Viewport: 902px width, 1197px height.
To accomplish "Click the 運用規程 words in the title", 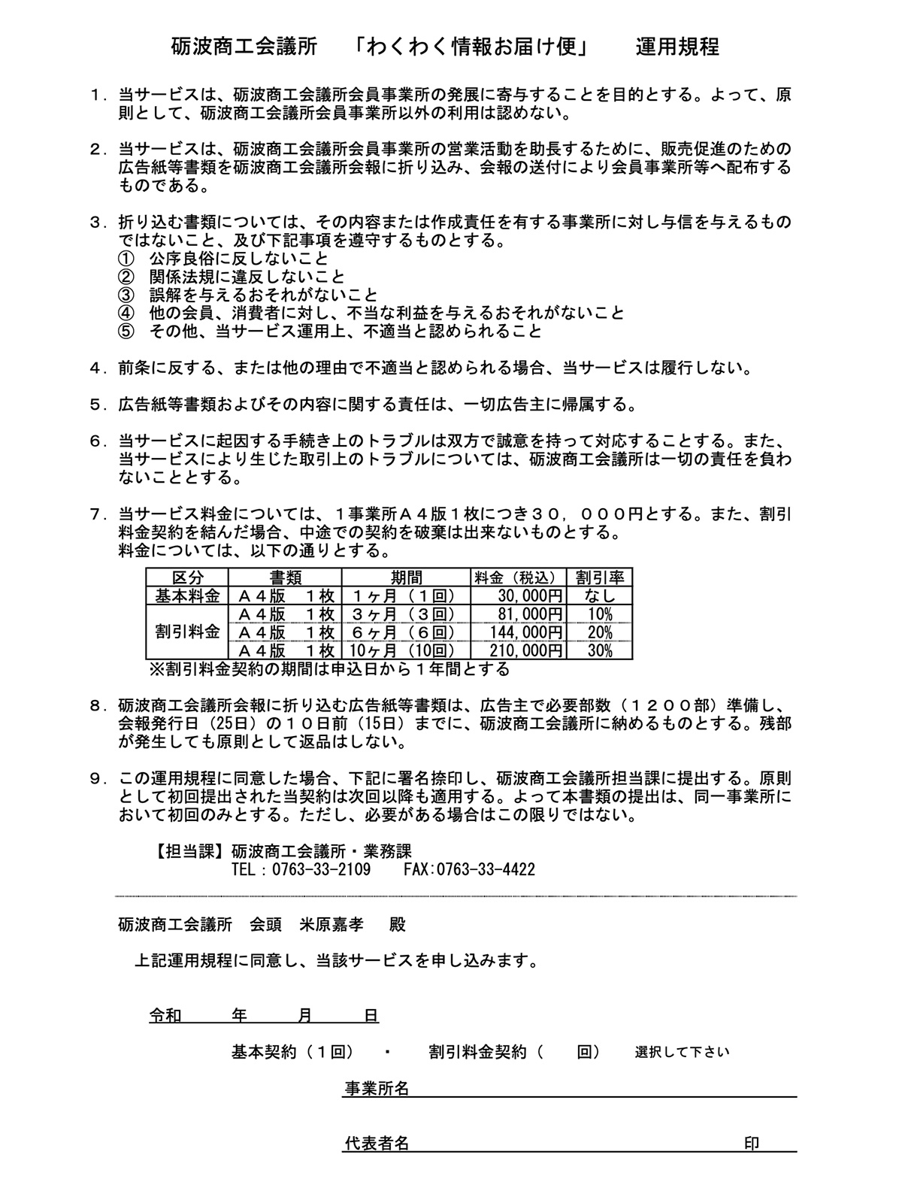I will (x=677, y=47).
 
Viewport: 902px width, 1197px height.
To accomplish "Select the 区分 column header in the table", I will (x=187, y=577).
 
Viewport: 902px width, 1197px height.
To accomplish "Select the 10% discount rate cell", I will (x=600, y=614).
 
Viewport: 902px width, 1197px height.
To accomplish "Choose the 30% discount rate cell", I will (x=600, y=650).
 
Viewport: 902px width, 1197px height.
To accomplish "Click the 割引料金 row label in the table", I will (x=187, y=632).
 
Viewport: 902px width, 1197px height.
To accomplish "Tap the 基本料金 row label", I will (x=187, y=595).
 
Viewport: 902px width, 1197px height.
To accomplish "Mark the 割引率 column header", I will (x=600, y=577).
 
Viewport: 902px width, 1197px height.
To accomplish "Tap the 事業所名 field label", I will (x=377, y=1088).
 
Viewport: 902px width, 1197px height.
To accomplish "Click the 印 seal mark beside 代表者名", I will (x=751, y=1144).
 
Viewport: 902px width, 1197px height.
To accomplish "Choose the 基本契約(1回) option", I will (x=292, y=1052).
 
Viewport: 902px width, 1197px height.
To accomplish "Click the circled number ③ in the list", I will (x=126, y=295).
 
